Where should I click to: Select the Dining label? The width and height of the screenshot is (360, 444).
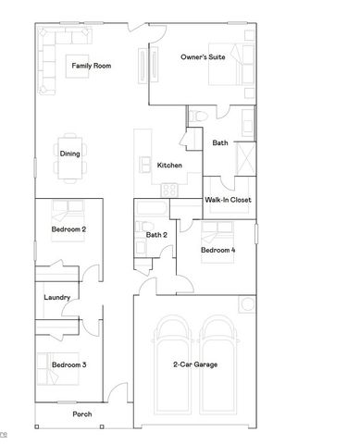[68, 154]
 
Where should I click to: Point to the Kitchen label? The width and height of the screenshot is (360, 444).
[169, 166]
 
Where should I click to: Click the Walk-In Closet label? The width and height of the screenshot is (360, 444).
[228, 200]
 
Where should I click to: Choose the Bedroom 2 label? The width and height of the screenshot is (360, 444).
[68, 228]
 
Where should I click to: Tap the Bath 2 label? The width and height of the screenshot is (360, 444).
[156, 235]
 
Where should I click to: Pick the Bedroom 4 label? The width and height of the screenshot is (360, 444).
[218, 251]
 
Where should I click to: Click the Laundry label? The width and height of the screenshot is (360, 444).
[57, 297]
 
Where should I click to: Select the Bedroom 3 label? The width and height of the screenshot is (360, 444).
[68, 364]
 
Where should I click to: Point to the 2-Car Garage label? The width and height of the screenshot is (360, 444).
[195, 364]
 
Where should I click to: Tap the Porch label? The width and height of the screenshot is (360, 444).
[83, 414]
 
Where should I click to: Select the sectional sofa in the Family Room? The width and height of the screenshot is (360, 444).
[56, 55]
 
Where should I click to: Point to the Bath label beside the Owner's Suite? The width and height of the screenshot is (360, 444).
[220, 142]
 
